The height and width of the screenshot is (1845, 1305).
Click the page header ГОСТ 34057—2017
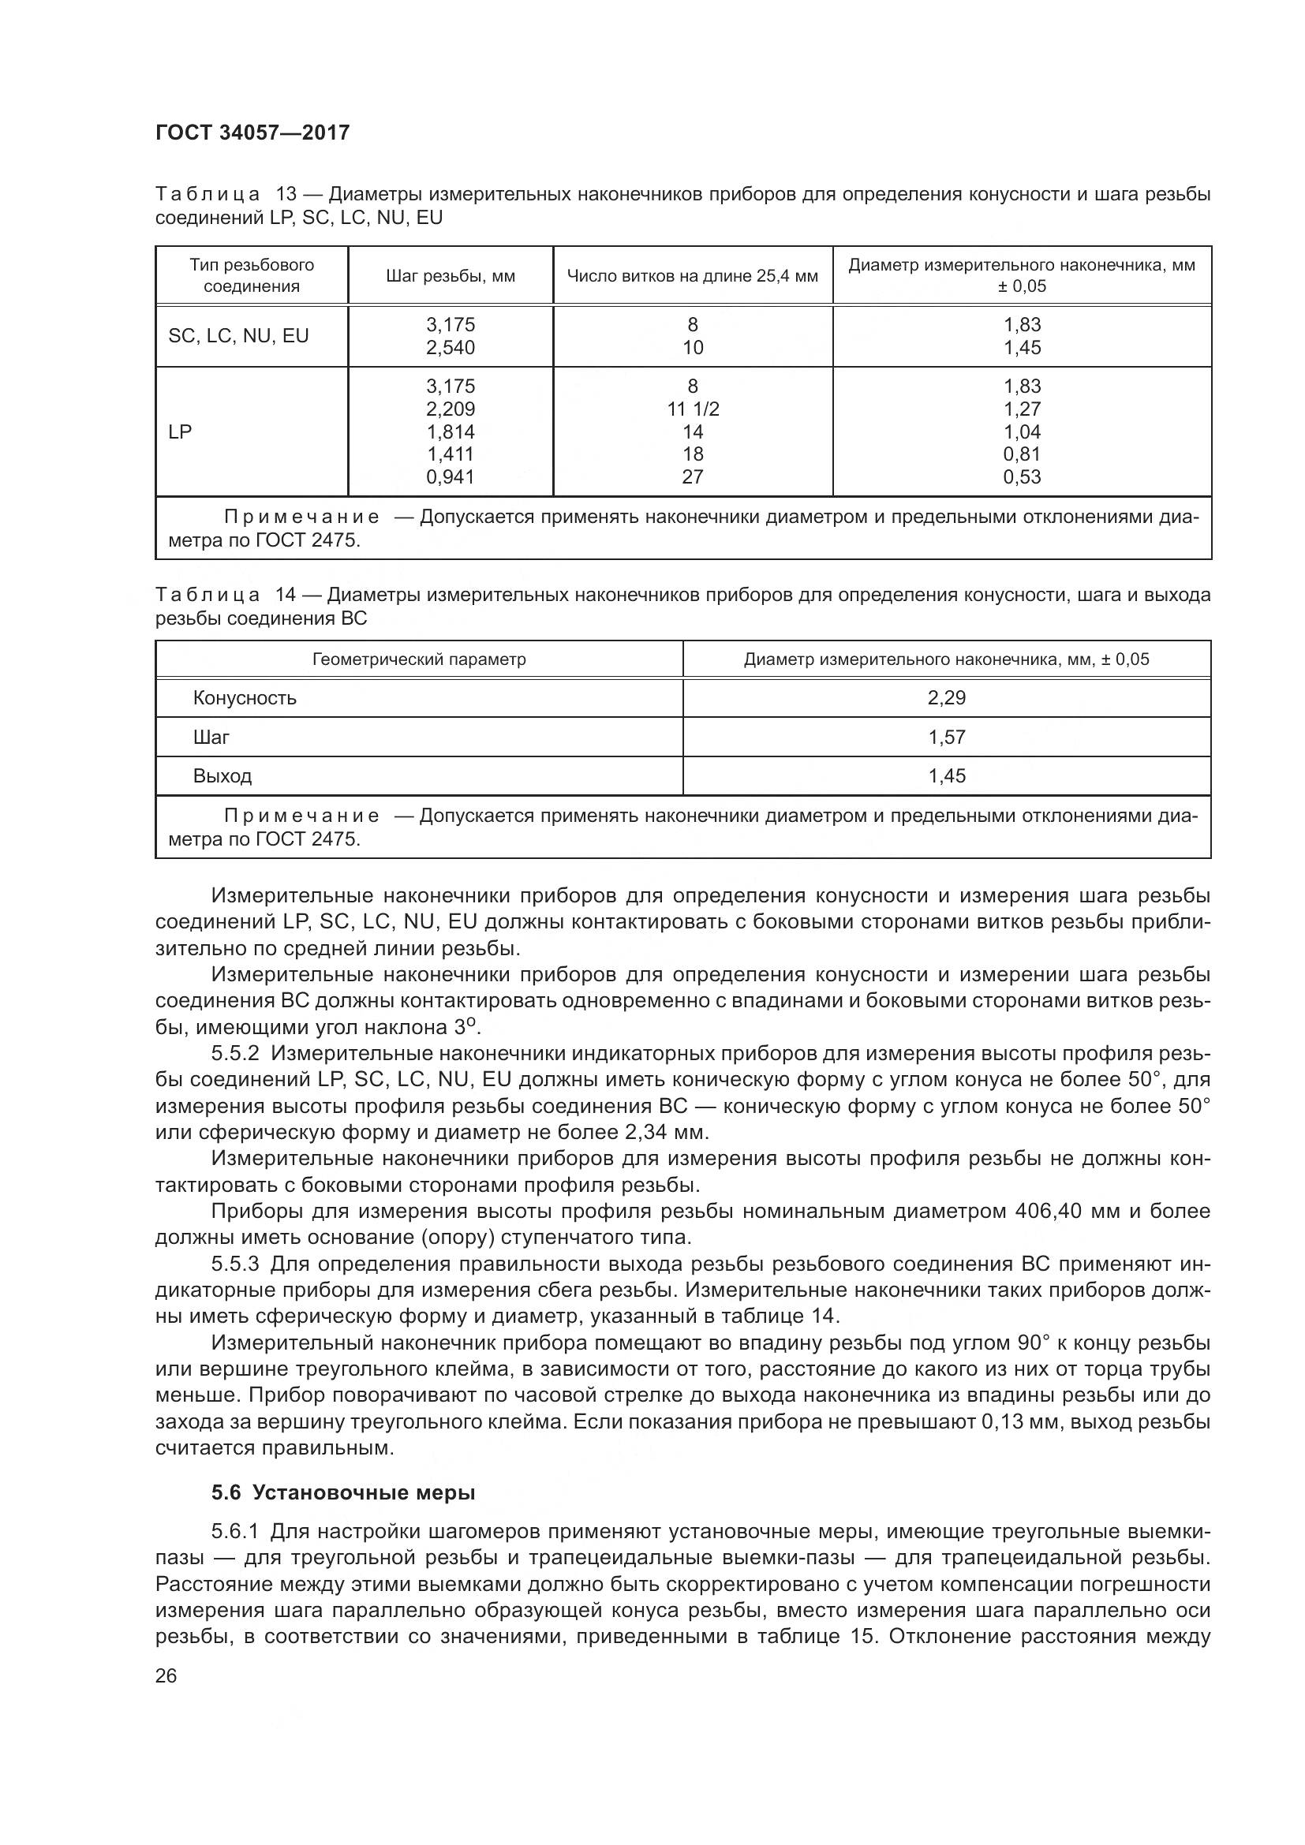pos(252,133)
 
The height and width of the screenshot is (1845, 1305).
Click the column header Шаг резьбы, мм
pos(450,276)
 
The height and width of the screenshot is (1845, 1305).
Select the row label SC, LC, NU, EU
pos(237,336)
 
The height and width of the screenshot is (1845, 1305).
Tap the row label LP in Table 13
pos(180,431)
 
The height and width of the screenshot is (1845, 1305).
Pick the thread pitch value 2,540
pos(450,348)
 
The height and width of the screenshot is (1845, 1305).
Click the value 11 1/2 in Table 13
pos(693,409)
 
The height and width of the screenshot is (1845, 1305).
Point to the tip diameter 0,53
pos(1021,477)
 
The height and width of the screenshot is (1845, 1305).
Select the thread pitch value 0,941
pos(450,477)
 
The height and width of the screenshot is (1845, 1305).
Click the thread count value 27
pos(693,477)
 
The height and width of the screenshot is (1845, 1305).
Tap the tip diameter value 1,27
pos(1021,409)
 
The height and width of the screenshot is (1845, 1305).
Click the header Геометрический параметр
pos(419,659)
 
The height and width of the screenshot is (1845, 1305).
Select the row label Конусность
pos(245,698)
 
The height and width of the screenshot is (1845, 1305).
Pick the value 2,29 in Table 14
pos(947,698)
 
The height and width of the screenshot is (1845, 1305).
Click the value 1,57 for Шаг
pos(947,738)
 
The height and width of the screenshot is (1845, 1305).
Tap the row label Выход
pos(222,776)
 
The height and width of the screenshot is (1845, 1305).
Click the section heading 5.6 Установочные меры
pos(343,1492)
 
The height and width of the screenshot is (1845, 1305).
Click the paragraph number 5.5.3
pos(235,1264)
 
